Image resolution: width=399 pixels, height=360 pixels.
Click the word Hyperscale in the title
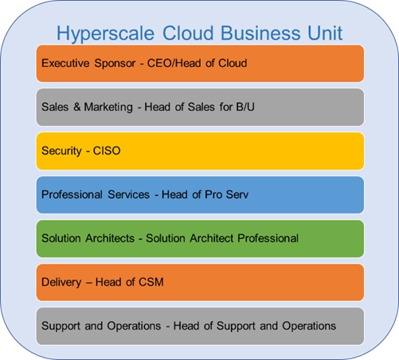click(x=105, y=34)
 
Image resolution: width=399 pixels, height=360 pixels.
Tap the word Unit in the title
click(x=325, y=33)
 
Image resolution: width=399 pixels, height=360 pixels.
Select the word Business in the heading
click(x=260, y=33)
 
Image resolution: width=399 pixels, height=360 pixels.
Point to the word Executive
click(x=65, y=63)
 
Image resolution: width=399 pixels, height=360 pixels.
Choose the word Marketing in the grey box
click(x=108, y=108)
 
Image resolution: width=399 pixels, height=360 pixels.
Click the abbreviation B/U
click(x=245, y=107)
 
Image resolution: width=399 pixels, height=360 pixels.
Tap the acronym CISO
click(x=107, y=151)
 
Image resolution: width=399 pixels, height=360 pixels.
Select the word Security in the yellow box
click(x=61, y=151)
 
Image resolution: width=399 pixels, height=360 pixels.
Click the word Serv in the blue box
click(x=237, y=194)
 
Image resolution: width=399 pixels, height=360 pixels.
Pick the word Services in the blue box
click(x=129, y=194)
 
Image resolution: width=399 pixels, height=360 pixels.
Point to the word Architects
click(x=110, y=238)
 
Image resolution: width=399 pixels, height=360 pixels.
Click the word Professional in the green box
click(x=268, y=238)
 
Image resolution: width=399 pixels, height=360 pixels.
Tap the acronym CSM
click(x=151, y=282)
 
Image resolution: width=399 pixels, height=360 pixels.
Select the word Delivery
click(x=61, y=283)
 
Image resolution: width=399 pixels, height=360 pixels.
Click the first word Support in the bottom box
click(x=61, y=327)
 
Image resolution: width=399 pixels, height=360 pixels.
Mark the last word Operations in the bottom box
click(x=309, y=327)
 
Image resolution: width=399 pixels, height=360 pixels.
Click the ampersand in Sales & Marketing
click(x=77, y=107)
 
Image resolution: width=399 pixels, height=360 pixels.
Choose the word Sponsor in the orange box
click(x=115, y=64)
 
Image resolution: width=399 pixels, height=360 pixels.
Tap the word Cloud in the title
click(x=188, y=33)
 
